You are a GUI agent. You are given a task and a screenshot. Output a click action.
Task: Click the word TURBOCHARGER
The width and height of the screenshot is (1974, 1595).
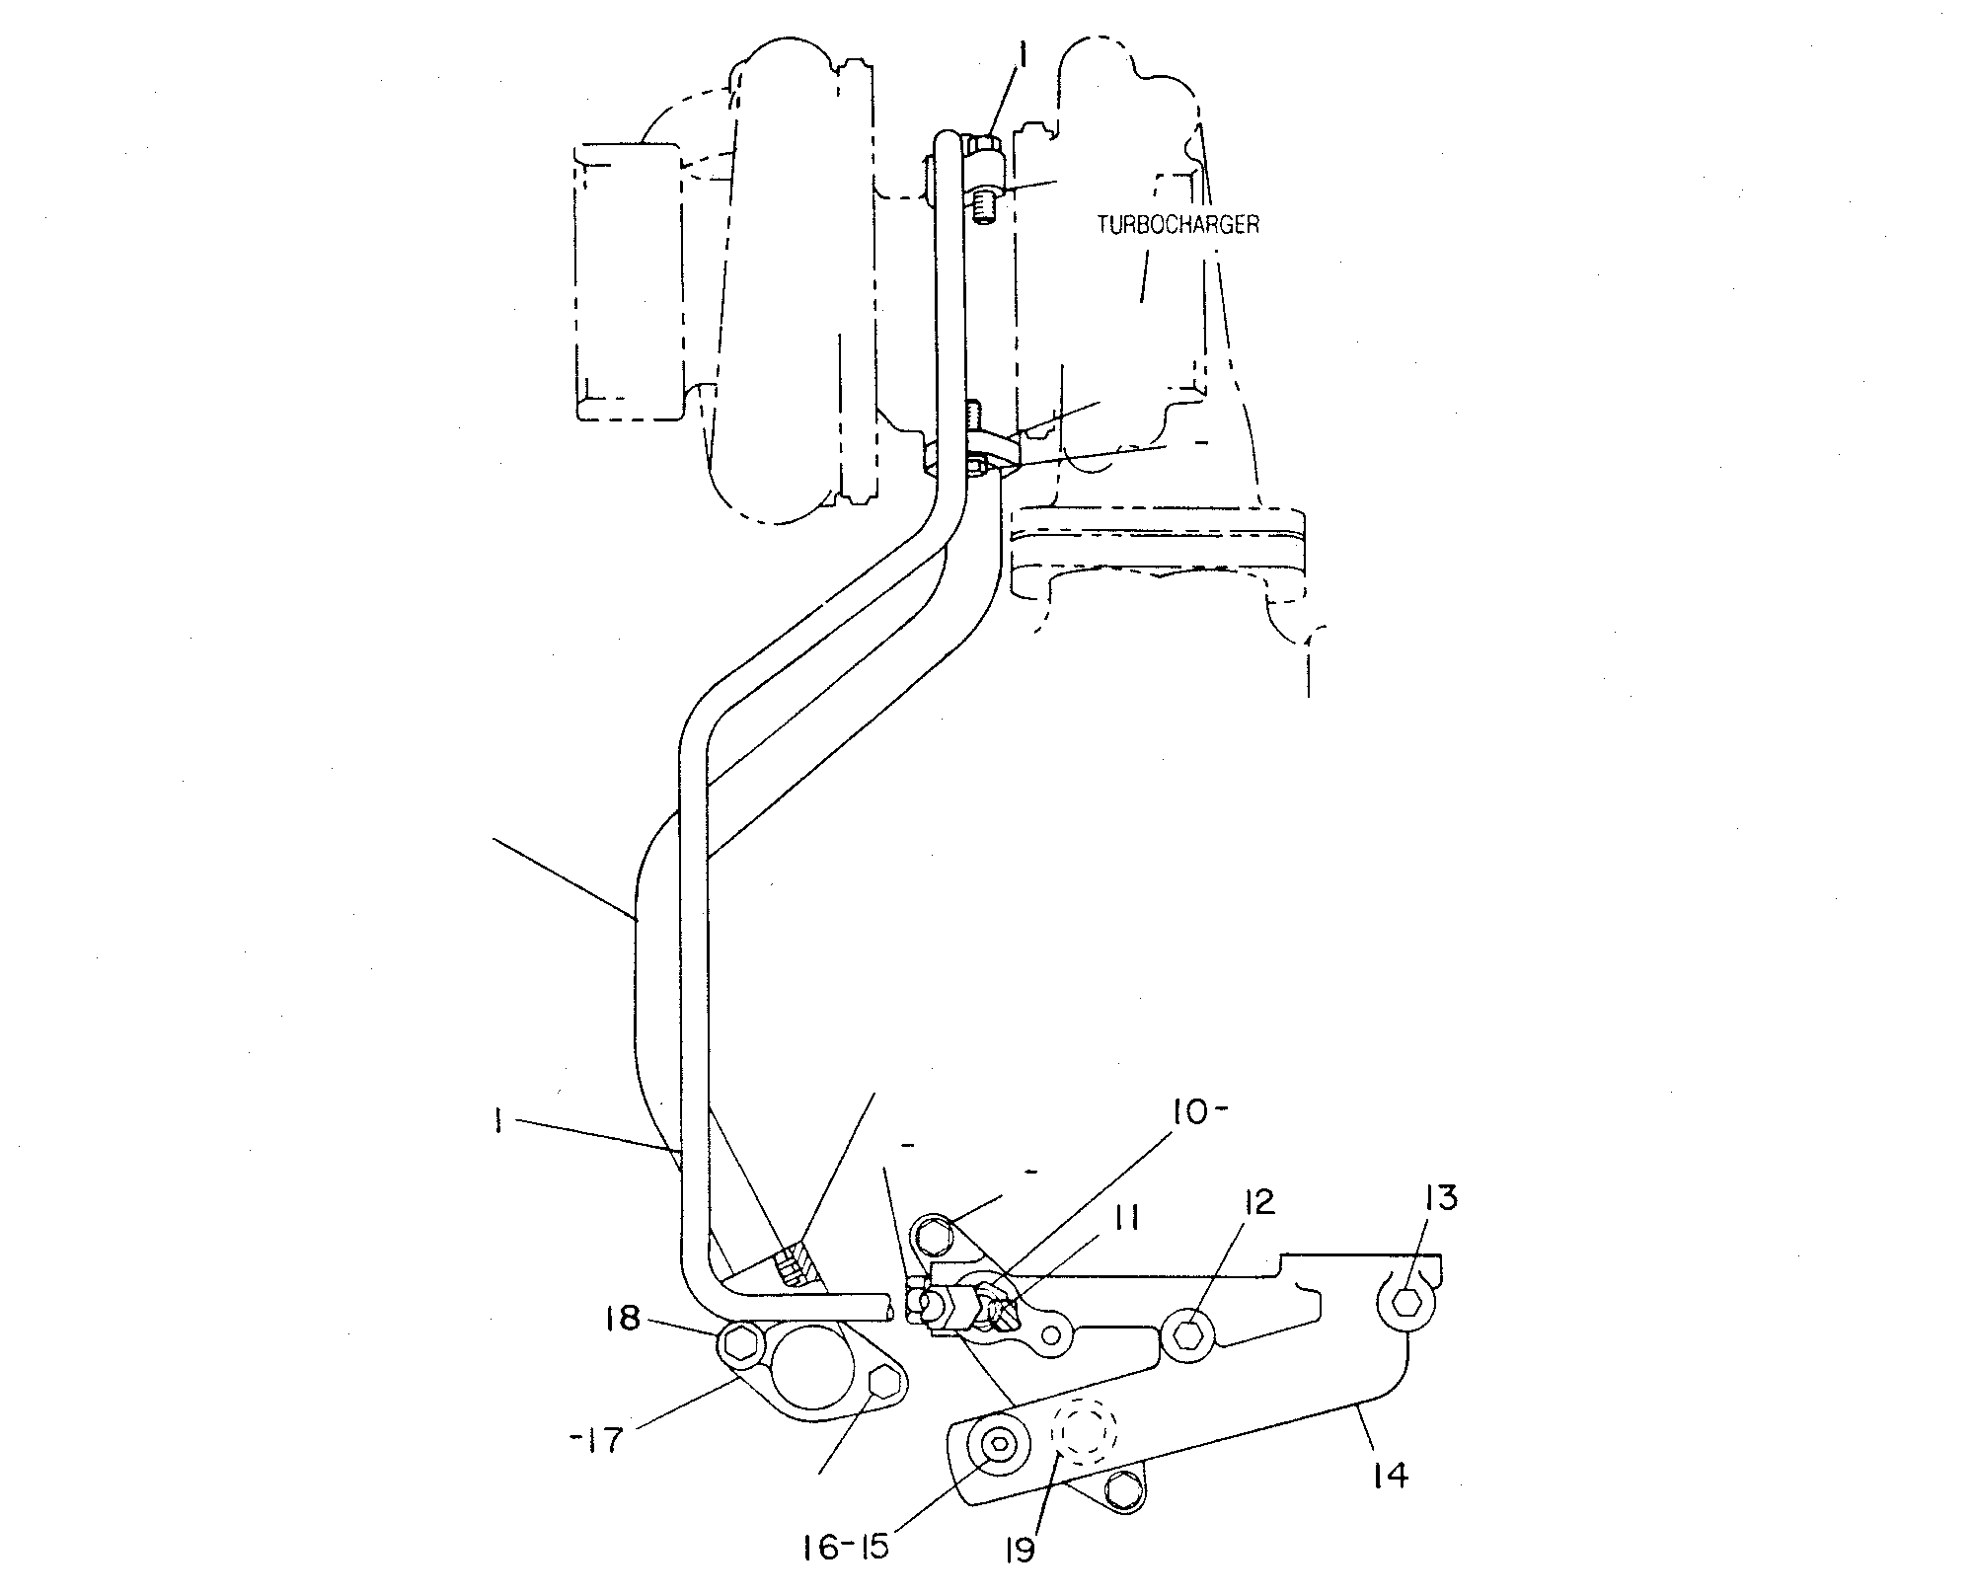(1178, 224)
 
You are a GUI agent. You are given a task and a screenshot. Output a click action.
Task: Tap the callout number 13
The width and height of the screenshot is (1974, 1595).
(1440, 1198)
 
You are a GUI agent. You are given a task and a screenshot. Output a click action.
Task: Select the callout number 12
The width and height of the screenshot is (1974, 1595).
(1253, 1201)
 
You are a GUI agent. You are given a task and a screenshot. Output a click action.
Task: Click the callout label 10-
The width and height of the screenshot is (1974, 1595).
(1198, 1113)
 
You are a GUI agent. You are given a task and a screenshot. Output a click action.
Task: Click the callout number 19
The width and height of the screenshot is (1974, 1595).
(1020, 1551)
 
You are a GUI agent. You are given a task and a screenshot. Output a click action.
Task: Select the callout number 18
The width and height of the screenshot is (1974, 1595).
(624, 1319)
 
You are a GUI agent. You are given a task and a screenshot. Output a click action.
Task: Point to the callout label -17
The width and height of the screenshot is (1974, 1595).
(598, 1440)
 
